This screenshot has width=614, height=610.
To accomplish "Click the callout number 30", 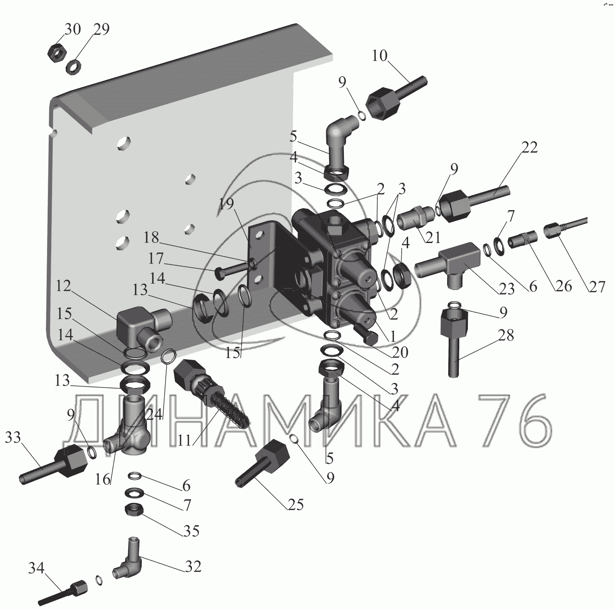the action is [73, 29].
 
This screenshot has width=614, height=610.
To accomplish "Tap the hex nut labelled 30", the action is [55, 52].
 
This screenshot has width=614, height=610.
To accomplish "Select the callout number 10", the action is [379, 55].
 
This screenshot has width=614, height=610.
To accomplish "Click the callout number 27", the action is [596, 286].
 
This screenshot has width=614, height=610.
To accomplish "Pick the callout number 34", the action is [36, 568].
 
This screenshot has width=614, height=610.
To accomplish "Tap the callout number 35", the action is [191, 531].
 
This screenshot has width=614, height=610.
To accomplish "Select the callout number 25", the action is [296, 505].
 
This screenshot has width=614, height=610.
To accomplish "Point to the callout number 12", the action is [63, 286].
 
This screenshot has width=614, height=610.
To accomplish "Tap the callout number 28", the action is [506, 335].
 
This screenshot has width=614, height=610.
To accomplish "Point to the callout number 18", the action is [152, 238].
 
